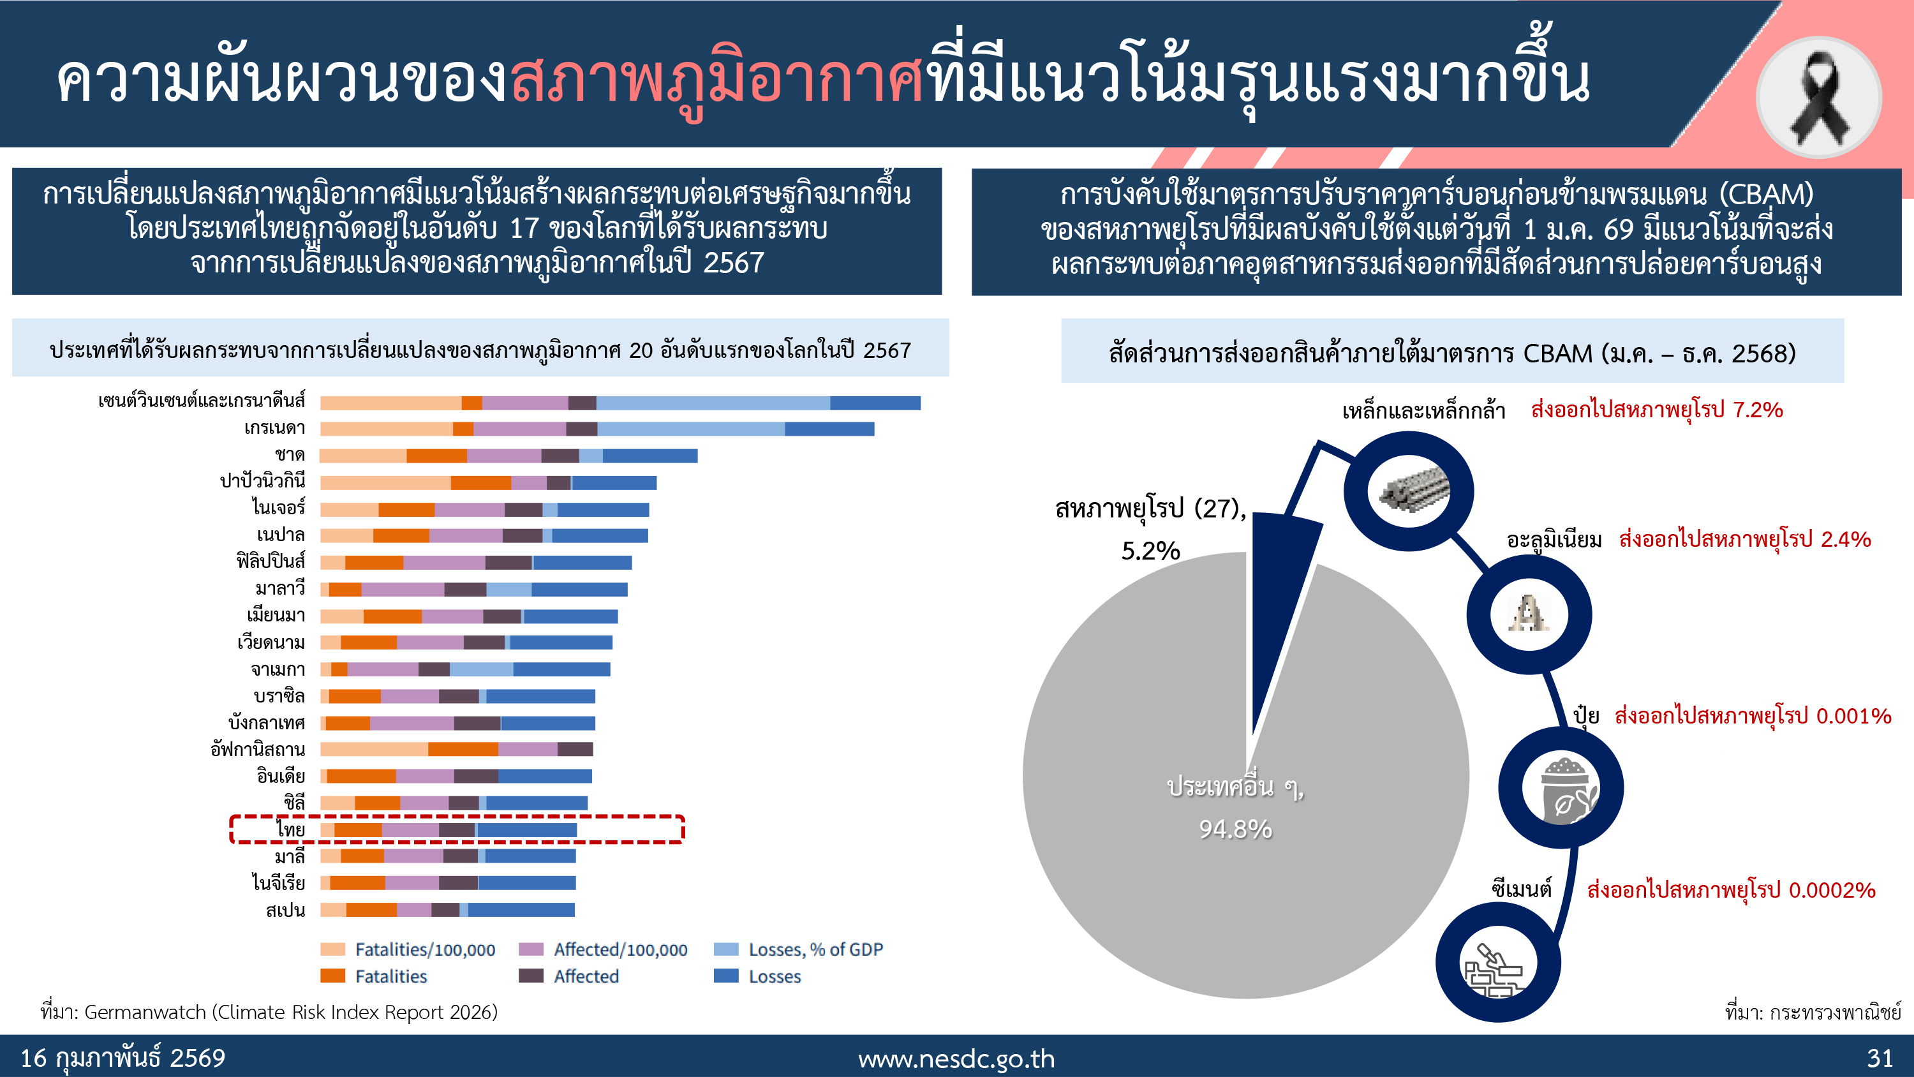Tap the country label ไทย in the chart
pos(290,829)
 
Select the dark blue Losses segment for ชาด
pos(649,456)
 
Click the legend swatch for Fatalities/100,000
pos(332,949)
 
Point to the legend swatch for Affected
pos(531,976)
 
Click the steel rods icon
pos(1409,491)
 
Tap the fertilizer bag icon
pos(1561,788)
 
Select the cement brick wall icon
pos(1496,964)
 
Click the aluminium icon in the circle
pos(1529,614)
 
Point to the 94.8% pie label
pos(1235,829)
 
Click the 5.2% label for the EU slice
pos(1150,551)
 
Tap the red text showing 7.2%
pos(1656,410)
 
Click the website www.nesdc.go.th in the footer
pos(956,1058)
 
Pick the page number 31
pos(1879,1058)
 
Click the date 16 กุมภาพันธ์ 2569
pos(122,1058)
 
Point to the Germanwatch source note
pos(269,1013)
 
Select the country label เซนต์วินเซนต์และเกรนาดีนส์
pos(202,401)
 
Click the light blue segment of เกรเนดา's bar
pos(690,429)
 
